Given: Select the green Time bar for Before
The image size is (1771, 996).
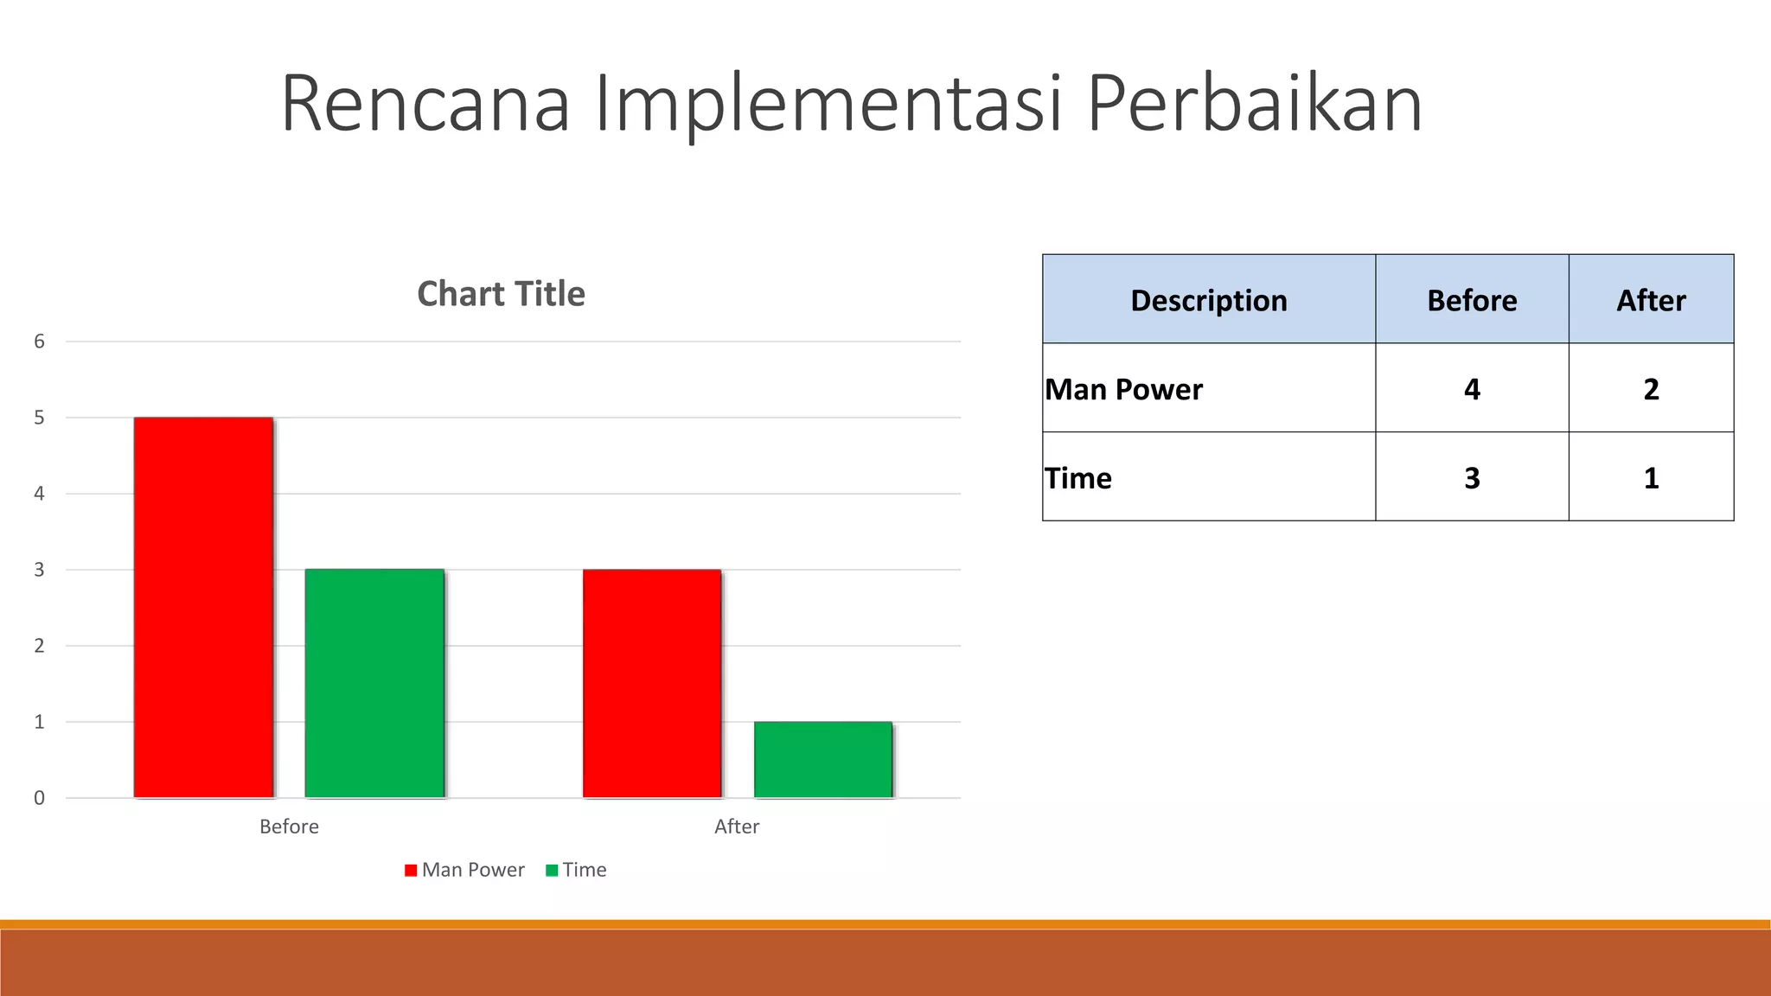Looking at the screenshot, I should pos(374,683).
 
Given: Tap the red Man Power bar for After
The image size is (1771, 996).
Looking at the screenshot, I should pos(652,683).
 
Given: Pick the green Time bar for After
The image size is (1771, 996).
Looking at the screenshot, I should pos(823,759).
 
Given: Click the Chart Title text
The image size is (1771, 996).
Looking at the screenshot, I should pos(501,294).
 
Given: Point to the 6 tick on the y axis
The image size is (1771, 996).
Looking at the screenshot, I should pos(39,342).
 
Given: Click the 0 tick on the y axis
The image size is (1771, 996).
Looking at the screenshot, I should pos(39,798).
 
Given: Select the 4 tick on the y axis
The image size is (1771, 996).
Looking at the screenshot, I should pos(39,494).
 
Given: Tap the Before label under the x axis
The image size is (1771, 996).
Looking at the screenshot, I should pos(289,827).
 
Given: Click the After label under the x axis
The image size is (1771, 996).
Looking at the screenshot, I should pos(737,827).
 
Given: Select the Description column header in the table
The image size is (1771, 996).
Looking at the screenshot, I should pos(1208,300).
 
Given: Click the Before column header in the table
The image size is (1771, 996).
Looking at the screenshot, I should pos(1472,300).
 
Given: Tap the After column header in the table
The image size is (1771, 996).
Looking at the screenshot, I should pos(1651,300).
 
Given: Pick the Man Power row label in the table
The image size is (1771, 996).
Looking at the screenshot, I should pos(1123,389).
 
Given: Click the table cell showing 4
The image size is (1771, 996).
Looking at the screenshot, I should pos(1472,389).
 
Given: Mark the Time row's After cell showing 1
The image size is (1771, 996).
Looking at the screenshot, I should pos(1651,478).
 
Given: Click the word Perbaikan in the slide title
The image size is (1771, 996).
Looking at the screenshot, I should pos(1254,104).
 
